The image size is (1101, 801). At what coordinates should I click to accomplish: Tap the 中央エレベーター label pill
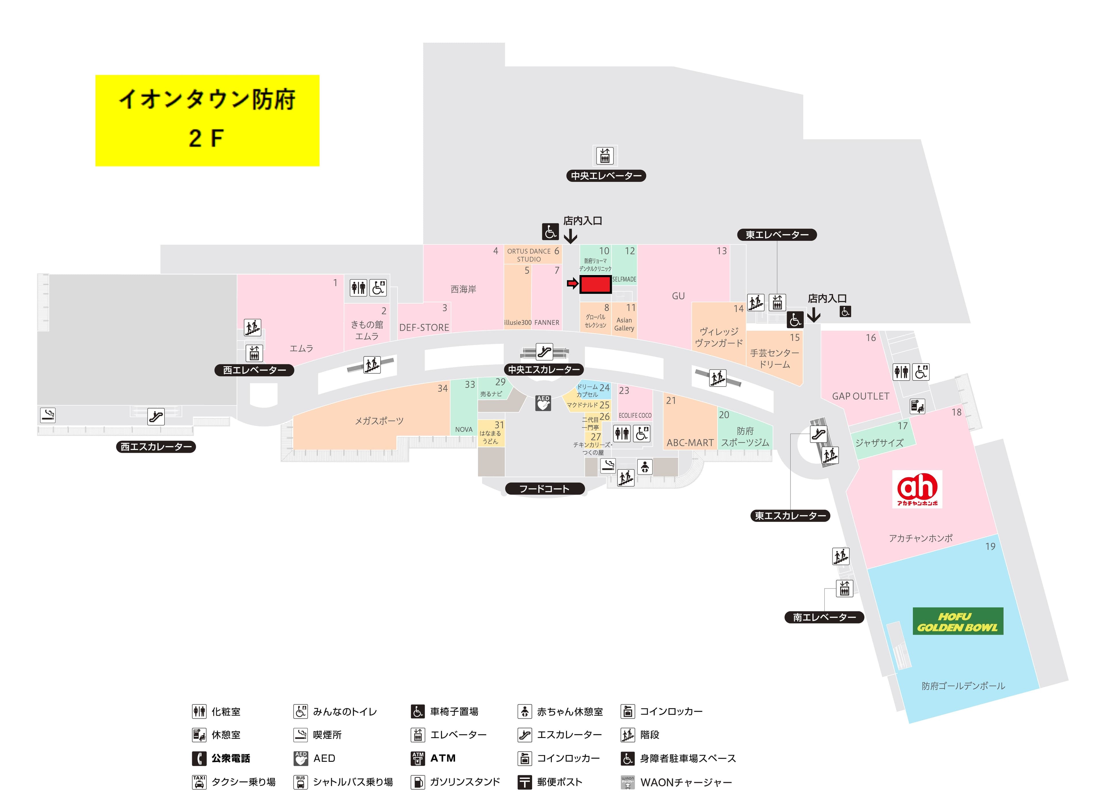point(606,176)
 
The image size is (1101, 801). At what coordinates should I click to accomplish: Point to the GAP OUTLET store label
point(860,396)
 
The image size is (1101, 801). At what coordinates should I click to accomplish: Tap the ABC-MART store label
point(690,443)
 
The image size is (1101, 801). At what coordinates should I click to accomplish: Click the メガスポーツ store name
point(379,421)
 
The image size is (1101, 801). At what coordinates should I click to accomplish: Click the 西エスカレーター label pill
point(156,447)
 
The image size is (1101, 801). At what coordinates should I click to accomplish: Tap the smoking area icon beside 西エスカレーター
point(48,415)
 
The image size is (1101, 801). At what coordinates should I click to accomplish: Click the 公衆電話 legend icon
point(199,758)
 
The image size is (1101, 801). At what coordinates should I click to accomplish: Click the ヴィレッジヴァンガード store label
point(719,337)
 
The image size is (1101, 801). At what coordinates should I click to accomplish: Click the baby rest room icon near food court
point(645,467)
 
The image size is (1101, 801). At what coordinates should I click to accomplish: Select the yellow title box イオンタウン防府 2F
point(207,120)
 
